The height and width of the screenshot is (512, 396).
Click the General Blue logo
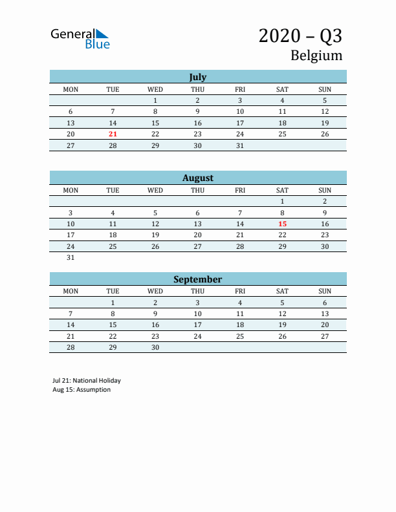pos(80,39)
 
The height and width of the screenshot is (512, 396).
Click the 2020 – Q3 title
pos(300,36)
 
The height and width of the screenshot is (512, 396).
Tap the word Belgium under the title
pos(316,56)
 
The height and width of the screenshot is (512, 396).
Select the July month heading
pos(197,77)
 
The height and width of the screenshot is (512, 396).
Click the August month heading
pos(197,178)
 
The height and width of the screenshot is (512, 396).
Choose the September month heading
pos(197,279)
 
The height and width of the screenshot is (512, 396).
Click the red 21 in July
pos(113,134)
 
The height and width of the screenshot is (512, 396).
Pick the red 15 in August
pos(282,224)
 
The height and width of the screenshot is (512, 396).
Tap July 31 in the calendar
pos(240,145)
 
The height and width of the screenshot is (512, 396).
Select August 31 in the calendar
pos(71,257)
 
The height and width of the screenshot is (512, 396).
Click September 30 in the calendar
pos(155,347)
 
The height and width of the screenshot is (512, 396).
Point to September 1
pos(113,303)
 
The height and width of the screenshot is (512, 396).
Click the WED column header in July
pos(155,89)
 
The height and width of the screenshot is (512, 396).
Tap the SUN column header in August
pos(325,190)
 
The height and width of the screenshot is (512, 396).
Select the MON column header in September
pos(71,291)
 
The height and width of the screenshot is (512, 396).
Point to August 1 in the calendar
pos(282,201)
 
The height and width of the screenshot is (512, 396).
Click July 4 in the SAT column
pos(282,100)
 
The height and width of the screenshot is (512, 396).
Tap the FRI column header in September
pos(240,291)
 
